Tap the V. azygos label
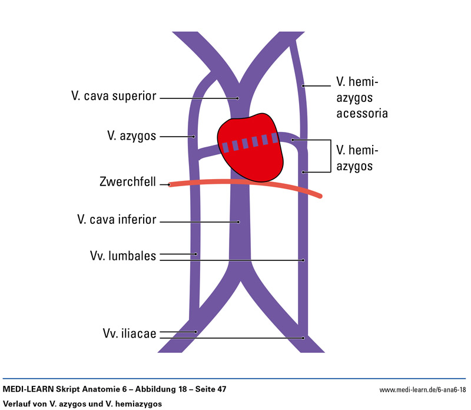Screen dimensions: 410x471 (131, 136)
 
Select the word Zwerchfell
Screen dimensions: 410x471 (128, 182)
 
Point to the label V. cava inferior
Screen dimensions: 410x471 (117, 220)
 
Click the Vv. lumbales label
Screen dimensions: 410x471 (122, 256)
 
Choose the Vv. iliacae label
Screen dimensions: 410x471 (127, 334)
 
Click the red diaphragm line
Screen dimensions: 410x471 (247, 184)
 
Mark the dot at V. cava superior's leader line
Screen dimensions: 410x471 (238, 98)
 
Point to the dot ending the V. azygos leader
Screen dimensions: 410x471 (194, 137)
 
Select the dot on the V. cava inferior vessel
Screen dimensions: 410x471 (238, 222)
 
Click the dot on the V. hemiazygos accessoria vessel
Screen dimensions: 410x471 (304, 87)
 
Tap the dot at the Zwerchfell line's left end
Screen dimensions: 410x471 (170, 184)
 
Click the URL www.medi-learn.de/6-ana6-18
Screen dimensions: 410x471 (422, 390)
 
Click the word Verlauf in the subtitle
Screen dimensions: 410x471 (18, 404)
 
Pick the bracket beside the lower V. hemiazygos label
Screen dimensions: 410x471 (328, 156)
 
